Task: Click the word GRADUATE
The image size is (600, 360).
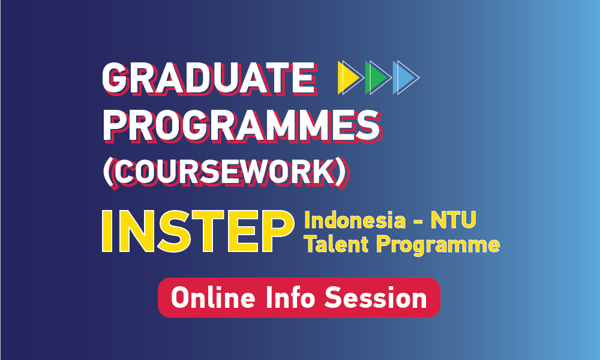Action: coord(209,79)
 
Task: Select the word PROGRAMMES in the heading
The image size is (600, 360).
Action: coord(242,126)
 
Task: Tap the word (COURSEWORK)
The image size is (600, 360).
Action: coord(226,173)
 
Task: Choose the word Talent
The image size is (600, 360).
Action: coord(337,244)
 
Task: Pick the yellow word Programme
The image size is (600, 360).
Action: coord(438,245)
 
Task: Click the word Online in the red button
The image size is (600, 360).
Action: coord(213,298)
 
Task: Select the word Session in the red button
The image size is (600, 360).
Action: coord(376,298)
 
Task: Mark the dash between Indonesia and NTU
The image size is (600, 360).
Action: coord(418,222)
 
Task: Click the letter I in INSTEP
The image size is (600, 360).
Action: coord(107,231)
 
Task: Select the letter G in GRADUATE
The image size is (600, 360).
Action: coord(116,79)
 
